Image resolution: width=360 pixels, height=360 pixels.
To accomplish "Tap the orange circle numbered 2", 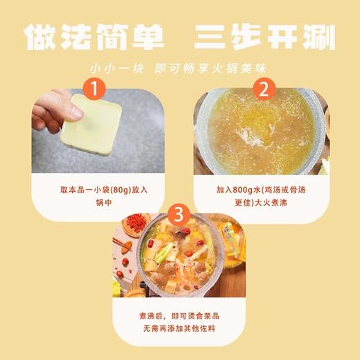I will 262,89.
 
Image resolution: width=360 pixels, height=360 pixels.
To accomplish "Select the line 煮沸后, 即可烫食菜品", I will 180,315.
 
